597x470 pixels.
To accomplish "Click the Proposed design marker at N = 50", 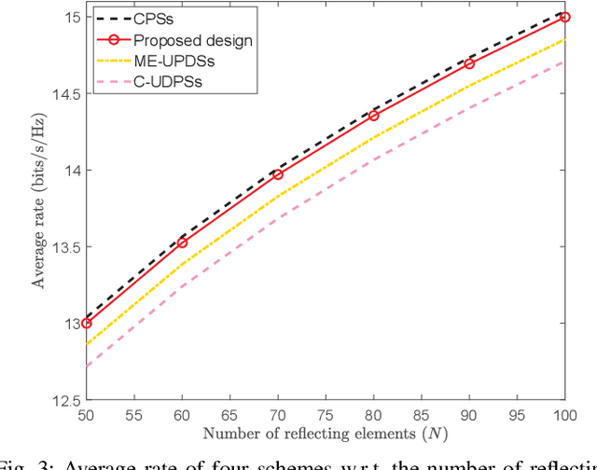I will coord(87,323).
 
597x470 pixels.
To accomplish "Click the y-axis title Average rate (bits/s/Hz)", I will coord(40,208).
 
